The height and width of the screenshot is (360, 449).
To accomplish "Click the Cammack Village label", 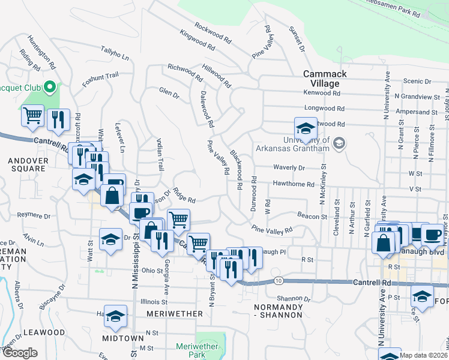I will [x=321, y=78].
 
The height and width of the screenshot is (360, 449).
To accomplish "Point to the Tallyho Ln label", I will [x=115, y=53].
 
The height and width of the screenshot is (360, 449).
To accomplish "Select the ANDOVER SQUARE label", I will [x=26, y=164].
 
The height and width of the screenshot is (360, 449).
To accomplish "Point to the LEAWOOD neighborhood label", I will [x=44, y=332].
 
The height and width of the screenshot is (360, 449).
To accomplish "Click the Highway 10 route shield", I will [x=278, y=281].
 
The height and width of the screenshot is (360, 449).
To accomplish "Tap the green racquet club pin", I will [x=50, y=88].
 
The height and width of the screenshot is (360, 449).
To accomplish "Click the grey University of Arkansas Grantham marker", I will [x=340, y=143].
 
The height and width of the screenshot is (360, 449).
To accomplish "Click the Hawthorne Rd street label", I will [x=294, y=184].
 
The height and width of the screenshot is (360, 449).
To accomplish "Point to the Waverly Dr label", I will [x=289, y=168].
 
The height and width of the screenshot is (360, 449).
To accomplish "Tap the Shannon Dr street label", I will [x=294, y=298].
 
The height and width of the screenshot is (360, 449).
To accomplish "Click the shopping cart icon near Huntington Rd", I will [x=33, y=115].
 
